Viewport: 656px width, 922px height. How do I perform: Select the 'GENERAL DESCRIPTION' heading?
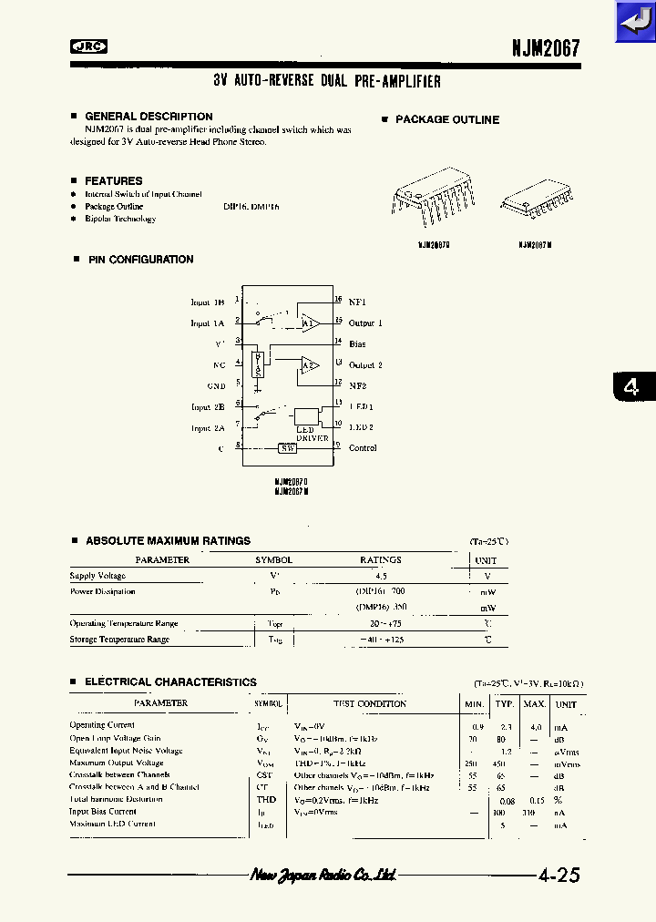(x=149, y=117)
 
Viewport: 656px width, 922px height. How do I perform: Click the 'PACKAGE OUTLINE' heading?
(x=446, y=119)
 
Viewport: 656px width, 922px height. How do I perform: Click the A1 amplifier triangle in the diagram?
(x=310, y=323)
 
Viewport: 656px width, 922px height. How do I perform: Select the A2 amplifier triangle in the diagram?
(x=310, y=365)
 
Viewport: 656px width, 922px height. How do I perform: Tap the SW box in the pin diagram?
(x=287, y=447)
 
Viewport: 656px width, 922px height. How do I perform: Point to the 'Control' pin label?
(x=363, y=448)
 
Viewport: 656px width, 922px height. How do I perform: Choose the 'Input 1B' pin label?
(x=207, y=302)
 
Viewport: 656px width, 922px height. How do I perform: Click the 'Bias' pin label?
(x=357, y=344)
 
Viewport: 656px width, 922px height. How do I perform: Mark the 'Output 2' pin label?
(x=365, y=365)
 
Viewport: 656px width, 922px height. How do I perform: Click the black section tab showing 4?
(x=630, y=386)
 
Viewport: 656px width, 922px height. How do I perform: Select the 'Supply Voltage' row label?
(x=97, y=576)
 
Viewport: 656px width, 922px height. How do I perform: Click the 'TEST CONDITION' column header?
(x=369, y=704)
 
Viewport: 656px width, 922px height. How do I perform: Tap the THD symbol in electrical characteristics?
(x=267, y=800)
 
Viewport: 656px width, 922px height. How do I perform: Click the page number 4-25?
(x=559, y=876)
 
